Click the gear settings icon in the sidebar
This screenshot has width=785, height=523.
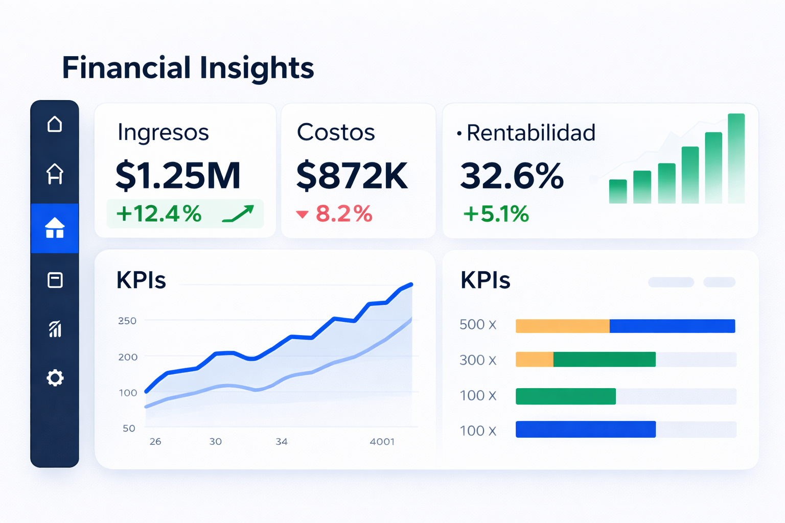point(55,378)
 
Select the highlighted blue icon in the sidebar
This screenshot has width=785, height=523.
point(55,228)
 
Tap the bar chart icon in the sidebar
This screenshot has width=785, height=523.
point(55,329)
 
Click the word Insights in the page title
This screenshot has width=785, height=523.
point(257,68)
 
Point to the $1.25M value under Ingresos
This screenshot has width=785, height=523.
point(178,176)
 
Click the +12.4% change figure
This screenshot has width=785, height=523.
point(158,213)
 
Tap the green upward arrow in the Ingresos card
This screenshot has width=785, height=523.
point(238,213)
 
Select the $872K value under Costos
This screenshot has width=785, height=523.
point(352,176)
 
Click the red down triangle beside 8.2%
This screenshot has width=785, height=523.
point(302,215)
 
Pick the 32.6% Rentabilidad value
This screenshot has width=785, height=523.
point(512,176)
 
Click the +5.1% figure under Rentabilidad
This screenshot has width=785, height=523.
point(496,214)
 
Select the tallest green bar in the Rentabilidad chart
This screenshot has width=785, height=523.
point(736,158)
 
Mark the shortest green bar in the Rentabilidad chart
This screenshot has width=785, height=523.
point(618,192)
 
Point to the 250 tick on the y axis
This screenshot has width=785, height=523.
point(127,321)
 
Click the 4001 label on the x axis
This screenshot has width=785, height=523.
point(382,441)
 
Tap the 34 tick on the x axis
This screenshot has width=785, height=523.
point(282,441)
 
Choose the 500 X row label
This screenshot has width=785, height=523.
point(478,325)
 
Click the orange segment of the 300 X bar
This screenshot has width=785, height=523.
point(534,360)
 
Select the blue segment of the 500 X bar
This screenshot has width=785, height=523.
point(672,326)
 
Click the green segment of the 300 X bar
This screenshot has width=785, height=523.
point(604,360)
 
